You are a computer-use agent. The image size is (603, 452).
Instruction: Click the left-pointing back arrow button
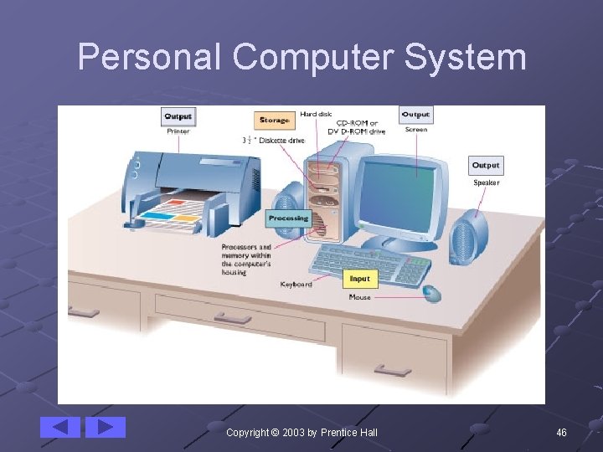60,427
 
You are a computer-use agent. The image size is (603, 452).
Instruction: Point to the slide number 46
561,432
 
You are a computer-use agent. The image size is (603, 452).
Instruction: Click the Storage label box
274,121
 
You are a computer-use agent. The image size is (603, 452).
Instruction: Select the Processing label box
288,218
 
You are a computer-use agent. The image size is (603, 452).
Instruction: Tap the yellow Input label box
359,279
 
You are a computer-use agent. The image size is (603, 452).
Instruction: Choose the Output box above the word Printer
178,117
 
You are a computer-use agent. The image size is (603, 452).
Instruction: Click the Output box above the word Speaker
486,166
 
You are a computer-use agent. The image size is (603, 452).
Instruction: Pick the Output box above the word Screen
415,115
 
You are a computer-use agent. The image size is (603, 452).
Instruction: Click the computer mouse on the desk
431,293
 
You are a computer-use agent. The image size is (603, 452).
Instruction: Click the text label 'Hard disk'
316,114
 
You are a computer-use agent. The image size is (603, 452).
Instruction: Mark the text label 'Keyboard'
296,285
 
